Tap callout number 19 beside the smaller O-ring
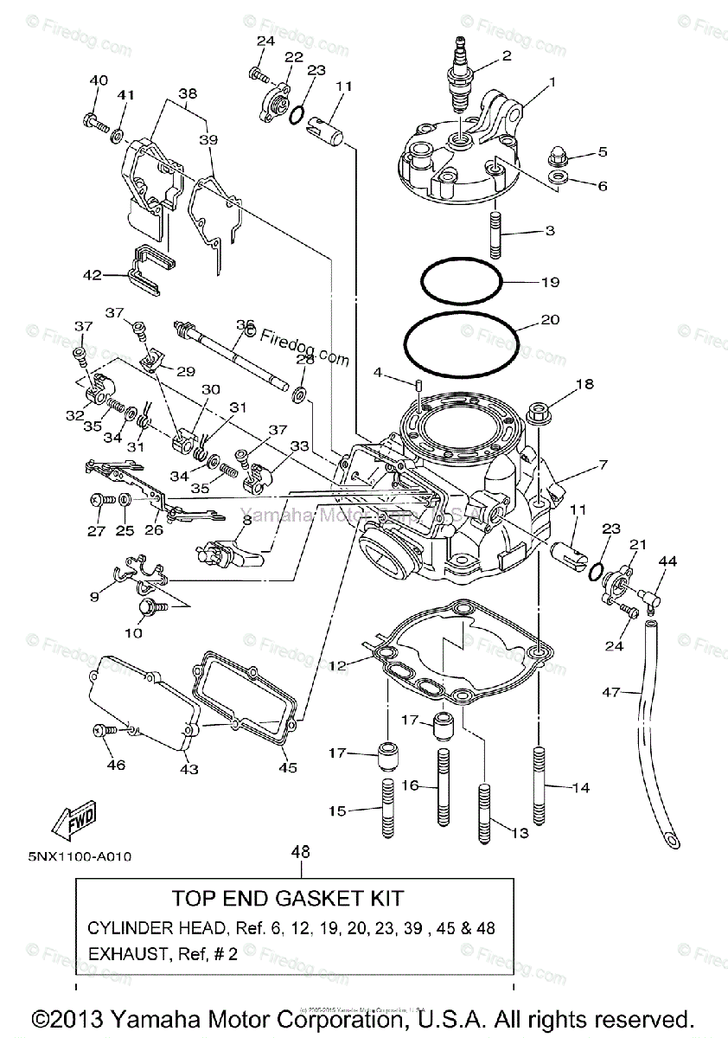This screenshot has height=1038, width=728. pyautogui.click(x=551, y=282)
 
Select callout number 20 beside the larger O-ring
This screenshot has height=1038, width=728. pyautogui.click(x=550, y=320)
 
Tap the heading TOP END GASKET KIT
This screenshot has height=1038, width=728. pyautogui.click(x=300, y=899)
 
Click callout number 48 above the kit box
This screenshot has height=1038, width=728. pyautogui.click(x=300, y=852)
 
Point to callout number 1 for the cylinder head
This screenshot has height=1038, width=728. pyautogui.click(x=552, y=83)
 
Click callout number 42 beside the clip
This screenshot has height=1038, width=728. pyautogui.click(x=92, y=276)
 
